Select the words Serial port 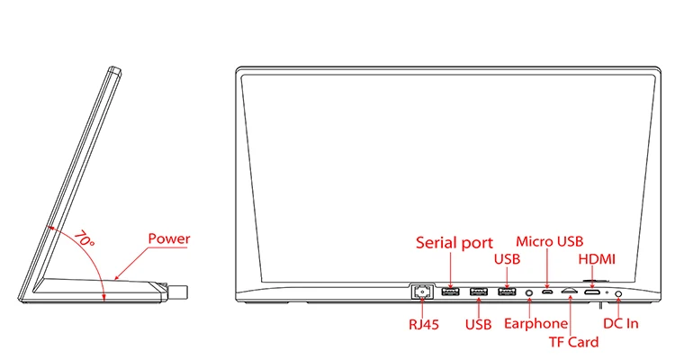click(x=454, y=242)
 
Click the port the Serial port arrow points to click(x=451, y=291)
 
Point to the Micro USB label click(x=550, y=241)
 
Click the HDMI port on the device click(x=591, y=292)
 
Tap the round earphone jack click(x=528, y=292)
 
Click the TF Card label click(x=573, y=341)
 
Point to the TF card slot click(x=569, y=292)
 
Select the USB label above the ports click(x=508, y=260)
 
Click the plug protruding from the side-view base click(x=179, y=292)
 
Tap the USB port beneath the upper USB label click(x=506, y=291)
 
